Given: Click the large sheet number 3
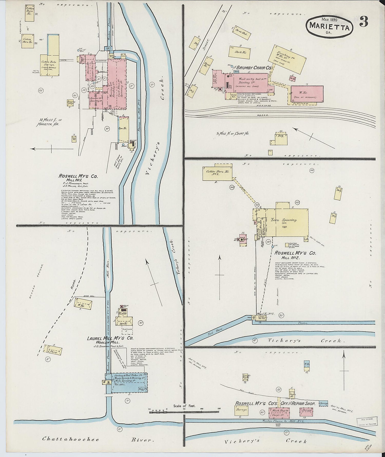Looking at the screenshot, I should pyautogui.click(x=364, y=22).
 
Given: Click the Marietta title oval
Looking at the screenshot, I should pyautogui.click(x=329, y=26).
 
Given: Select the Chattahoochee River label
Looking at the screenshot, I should pyautogui.click(x=71, y=439).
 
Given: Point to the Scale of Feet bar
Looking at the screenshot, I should pyautogui.click(x=184, y=413).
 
